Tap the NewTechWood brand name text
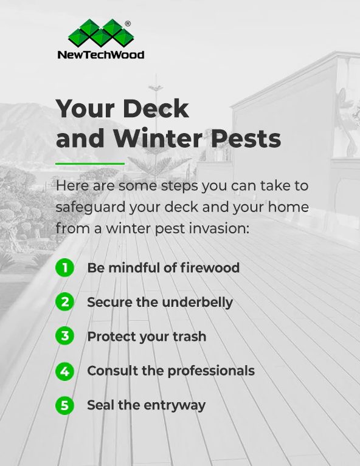(101, 55)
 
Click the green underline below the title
(90, 163)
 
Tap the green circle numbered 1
(64, 267)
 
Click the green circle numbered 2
(64, 302)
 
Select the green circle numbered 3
(64, 336)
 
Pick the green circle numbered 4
(64, 371)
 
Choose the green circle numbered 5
(64, 405)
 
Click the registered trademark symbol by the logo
(127, 24)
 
